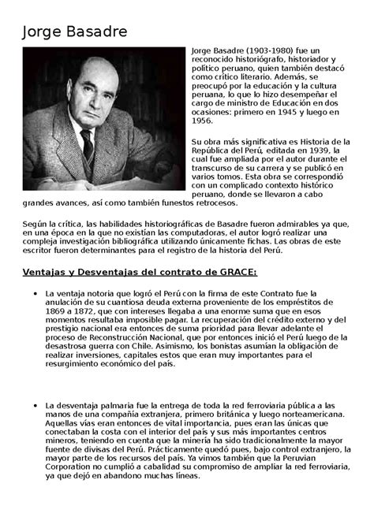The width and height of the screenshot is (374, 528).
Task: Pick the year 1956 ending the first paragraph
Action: click(x=203, y=121)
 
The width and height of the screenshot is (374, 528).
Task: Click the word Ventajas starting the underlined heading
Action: click(x=40, y=272)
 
